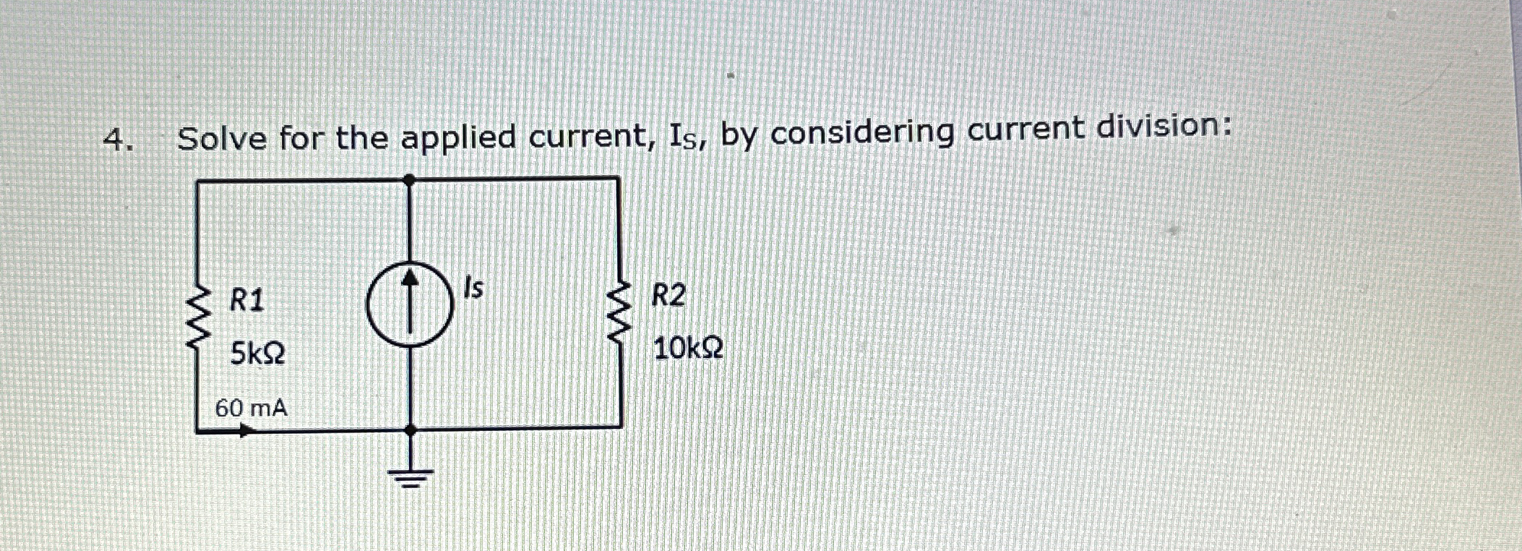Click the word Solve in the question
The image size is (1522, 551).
pyautogui.click(x=222, y=138)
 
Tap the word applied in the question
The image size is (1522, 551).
pyautogui.click(x=458, y=137)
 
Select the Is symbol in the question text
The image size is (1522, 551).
pyautogui.click(x=687, y=137)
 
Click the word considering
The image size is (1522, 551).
pyautogui.click(x=861, y=132)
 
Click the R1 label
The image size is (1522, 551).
pyautogui.click(x=246, y=299)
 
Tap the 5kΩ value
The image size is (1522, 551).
pyautogui.click(x=257, y=354)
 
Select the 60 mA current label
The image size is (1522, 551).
pyautogui.click(x=251, y=409)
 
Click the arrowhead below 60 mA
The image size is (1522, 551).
pyautogui.click(x=246, y=431)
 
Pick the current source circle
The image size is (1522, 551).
pyautogui.click(x=410, y=304)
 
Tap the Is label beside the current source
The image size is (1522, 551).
pyautogui.click(x=473, y=289)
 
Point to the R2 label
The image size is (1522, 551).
pyautogui.click(x=668, y=296)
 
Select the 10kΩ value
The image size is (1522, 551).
pyautogui.click(x=687, y=349)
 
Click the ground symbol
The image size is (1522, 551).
pyautogui.click(x=410, y=477)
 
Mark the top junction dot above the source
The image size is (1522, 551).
pyautogui.click(x=410, y=179)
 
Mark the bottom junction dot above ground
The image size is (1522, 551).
pyautogui.click(x=410, y=430)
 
